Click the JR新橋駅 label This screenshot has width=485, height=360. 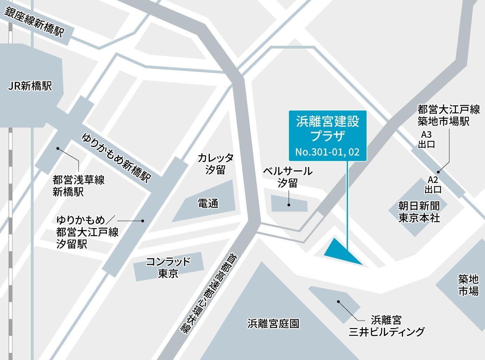tap(30, 85)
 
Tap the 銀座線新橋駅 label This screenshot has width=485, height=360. tap(34, 22)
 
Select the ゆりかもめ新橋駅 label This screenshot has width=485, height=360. tap(116, 158)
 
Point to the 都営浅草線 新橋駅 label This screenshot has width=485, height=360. tap(78, 186)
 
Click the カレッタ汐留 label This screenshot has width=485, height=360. tap(215, 163)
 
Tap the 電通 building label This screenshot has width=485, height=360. tap(208, 203)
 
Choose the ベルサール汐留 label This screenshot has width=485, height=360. tap(288, 177)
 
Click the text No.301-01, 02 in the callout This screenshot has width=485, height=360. tap(328, 152)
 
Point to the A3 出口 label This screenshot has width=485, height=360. tap(426, 139)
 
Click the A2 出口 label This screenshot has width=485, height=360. tap(433, 185)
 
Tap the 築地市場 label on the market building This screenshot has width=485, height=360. tap(468, 285)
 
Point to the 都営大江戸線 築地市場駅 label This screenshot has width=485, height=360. tap(448, 115)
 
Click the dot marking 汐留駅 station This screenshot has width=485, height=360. tap(143, 221)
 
